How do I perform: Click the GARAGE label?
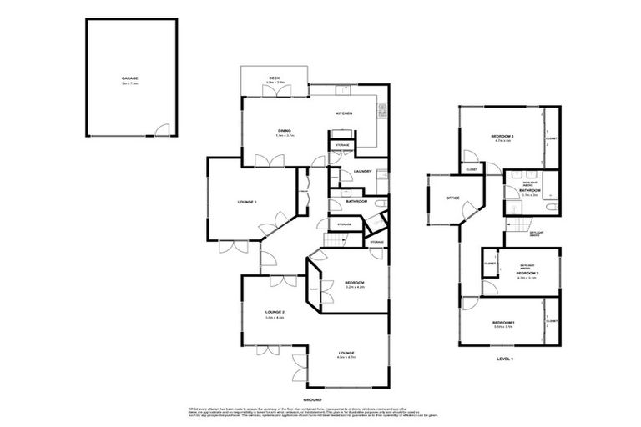[129, 78]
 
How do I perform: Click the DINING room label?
[285, 130]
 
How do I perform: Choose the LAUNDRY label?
[361, 172]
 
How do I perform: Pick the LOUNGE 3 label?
[248, 201]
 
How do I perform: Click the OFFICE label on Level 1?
[453, 198]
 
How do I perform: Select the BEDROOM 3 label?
[501, 135]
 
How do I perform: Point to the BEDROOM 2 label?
[526, 273]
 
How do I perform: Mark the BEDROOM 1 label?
[502, 322]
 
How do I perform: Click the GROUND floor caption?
[313, 400]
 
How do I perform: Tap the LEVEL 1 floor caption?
[507, 359]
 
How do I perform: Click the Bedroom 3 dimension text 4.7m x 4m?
[501, 140]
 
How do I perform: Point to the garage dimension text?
[129, 83]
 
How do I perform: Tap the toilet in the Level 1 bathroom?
[551, 193]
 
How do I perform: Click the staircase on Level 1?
[521, 226]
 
